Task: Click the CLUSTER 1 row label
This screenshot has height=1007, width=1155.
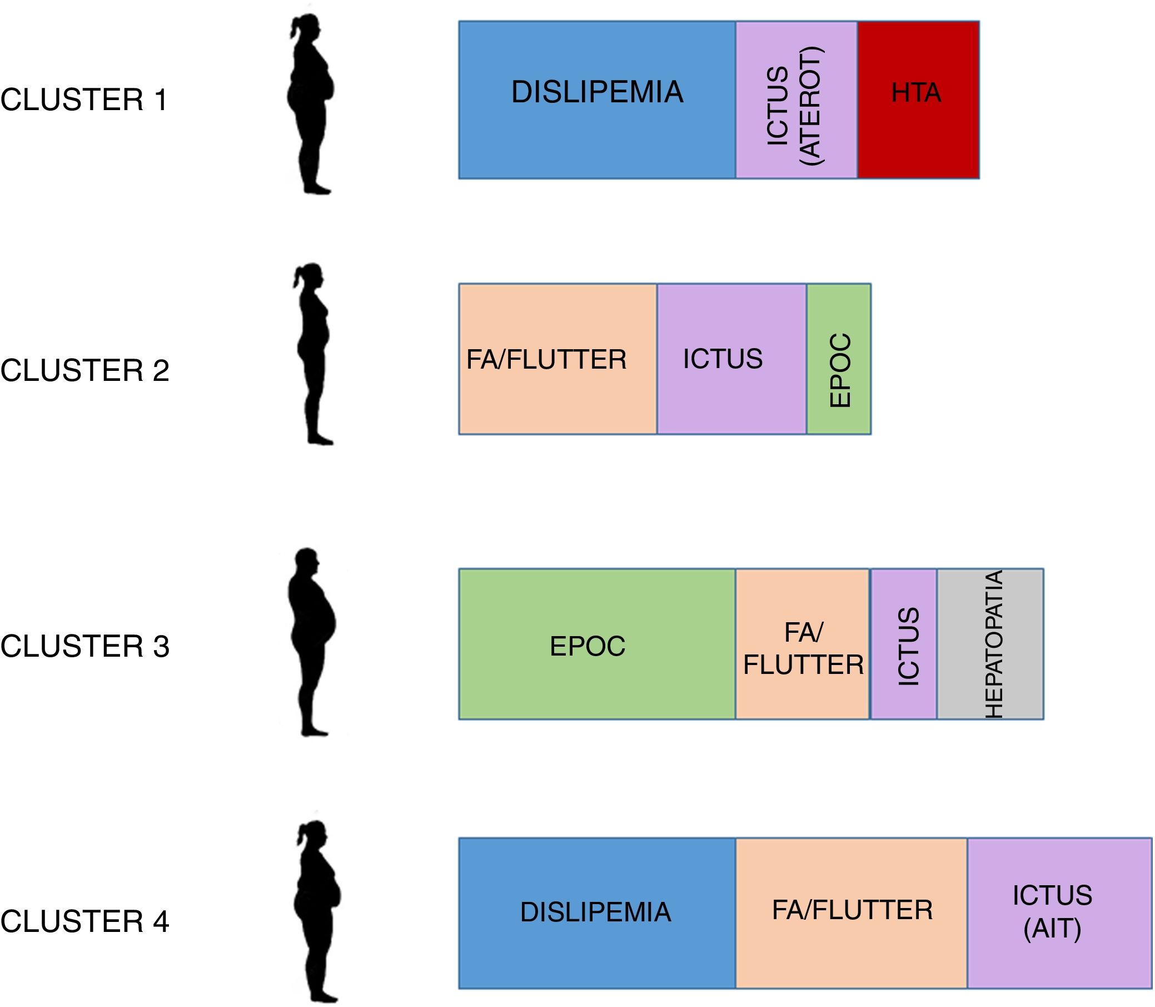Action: point(84,100)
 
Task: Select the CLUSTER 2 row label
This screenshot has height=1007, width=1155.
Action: point(85,370)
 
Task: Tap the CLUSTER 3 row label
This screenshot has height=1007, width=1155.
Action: point(85,646)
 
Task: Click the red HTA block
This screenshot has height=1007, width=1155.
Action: point(918,100)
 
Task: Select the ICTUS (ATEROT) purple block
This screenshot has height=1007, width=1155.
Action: point(796,100)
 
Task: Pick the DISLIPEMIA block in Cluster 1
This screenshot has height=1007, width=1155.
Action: point(596,100)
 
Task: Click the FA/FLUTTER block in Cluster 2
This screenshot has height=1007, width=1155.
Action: point(557,359)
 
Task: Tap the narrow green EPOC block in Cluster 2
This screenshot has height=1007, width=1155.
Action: point(839,359)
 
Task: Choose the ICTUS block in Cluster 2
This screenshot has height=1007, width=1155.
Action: point(731,359)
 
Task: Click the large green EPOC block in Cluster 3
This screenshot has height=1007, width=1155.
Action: point(596,644)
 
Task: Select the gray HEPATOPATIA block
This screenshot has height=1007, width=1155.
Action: point(990,644)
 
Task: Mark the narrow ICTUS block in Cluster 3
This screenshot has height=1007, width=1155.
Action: point(903,644)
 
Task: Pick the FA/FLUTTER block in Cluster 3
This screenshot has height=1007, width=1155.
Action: point(802,644)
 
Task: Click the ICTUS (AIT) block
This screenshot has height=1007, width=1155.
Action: point(1059,913)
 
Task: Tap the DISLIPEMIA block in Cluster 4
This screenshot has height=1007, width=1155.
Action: point(596,913)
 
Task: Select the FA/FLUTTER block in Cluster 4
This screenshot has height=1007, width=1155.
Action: point(851,913)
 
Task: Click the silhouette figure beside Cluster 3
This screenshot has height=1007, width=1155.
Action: point(312,641)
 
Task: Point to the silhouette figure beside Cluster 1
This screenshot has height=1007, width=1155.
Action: point(311,104)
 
